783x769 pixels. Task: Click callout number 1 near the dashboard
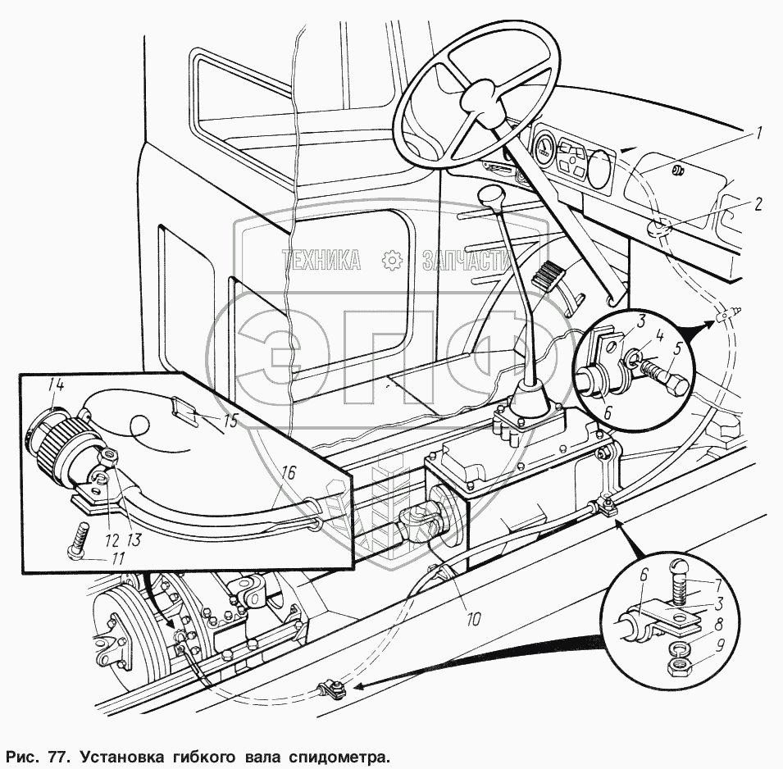759,132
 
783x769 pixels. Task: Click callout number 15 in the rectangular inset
231,421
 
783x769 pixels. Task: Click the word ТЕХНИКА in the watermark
321,260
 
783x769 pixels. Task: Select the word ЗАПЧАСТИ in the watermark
465,260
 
